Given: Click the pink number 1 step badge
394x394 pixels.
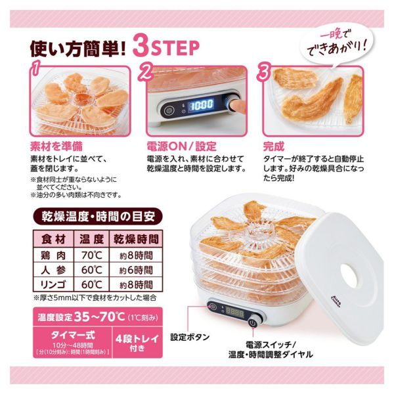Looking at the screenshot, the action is click(35, 68).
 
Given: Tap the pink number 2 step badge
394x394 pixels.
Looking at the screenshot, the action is click(146, 71).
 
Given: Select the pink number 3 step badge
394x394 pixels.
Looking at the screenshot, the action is click(263, 71).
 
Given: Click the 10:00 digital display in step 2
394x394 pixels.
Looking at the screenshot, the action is click(201, 104).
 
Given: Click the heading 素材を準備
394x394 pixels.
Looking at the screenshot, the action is click(56, 146).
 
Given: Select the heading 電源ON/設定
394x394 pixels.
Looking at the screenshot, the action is click(181, 146).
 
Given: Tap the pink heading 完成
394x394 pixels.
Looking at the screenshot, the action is click(274, 146).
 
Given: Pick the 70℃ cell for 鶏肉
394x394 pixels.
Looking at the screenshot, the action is click(91, 255).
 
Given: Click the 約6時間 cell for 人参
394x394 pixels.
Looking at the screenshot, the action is click(136, 270).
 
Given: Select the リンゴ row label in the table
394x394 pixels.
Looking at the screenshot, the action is click(53, 285).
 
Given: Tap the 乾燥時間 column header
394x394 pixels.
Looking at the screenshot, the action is click(136, 239).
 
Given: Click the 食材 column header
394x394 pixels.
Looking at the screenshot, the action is click(53, 239).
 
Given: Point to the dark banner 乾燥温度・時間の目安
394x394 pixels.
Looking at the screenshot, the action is click(98, 216).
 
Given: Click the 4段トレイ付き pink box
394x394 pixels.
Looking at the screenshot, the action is click(137, 342).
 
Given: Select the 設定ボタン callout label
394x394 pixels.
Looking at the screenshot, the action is click(190, 337).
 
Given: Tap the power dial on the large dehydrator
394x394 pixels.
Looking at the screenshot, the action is click(253, 323).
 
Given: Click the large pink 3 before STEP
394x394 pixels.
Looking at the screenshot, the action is click(141, 46).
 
